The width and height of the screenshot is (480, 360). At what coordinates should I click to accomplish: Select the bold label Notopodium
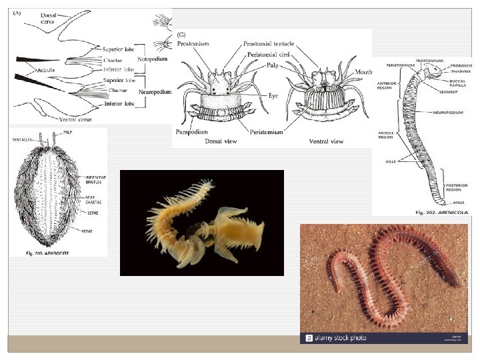pyautogui.click(x=152, y=59)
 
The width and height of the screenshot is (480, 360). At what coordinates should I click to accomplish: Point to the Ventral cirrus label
pyautogui.click(x=73, y=119)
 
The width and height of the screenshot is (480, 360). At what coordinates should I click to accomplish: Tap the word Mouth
pyautogui.click(x=363, y=71)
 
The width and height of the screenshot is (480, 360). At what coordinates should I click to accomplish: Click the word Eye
pyautogui.click(x=273, y=96)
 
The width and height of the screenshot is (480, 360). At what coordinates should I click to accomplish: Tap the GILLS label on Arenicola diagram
pyautogui.click(x=391, y=161)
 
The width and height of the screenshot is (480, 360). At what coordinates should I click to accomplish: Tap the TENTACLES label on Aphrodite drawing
pyautogui.click(x=23, y=139)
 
